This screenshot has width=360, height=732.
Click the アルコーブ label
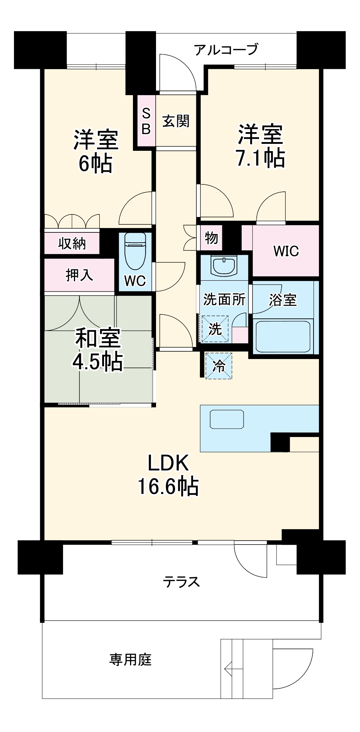tap(226, 49)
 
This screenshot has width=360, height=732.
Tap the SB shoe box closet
tap(146, 121)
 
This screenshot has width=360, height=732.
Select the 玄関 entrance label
tap(176, 121)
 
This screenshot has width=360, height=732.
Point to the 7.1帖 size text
tap(260, 158)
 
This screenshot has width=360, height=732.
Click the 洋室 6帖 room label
tap(96, 151)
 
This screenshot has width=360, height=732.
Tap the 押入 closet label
tap(79, 275)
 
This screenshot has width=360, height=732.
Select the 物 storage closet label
tap(211, 238)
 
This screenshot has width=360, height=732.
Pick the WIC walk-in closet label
tap(286, 251)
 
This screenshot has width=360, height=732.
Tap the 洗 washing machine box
tap(215, 329)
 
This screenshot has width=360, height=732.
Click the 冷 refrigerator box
tap(219, 366)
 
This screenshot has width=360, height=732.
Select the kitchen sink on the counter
tap(227, 419)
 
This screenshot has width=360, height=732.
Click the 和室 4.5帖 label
tap(97, 350)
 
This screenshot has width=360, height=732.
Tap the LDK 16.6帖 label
tap(168, 475)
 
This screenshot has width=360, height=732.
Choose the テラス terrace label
tap(182, 582)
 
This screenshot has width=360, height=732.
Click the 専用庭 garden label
tap(130, 660)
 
